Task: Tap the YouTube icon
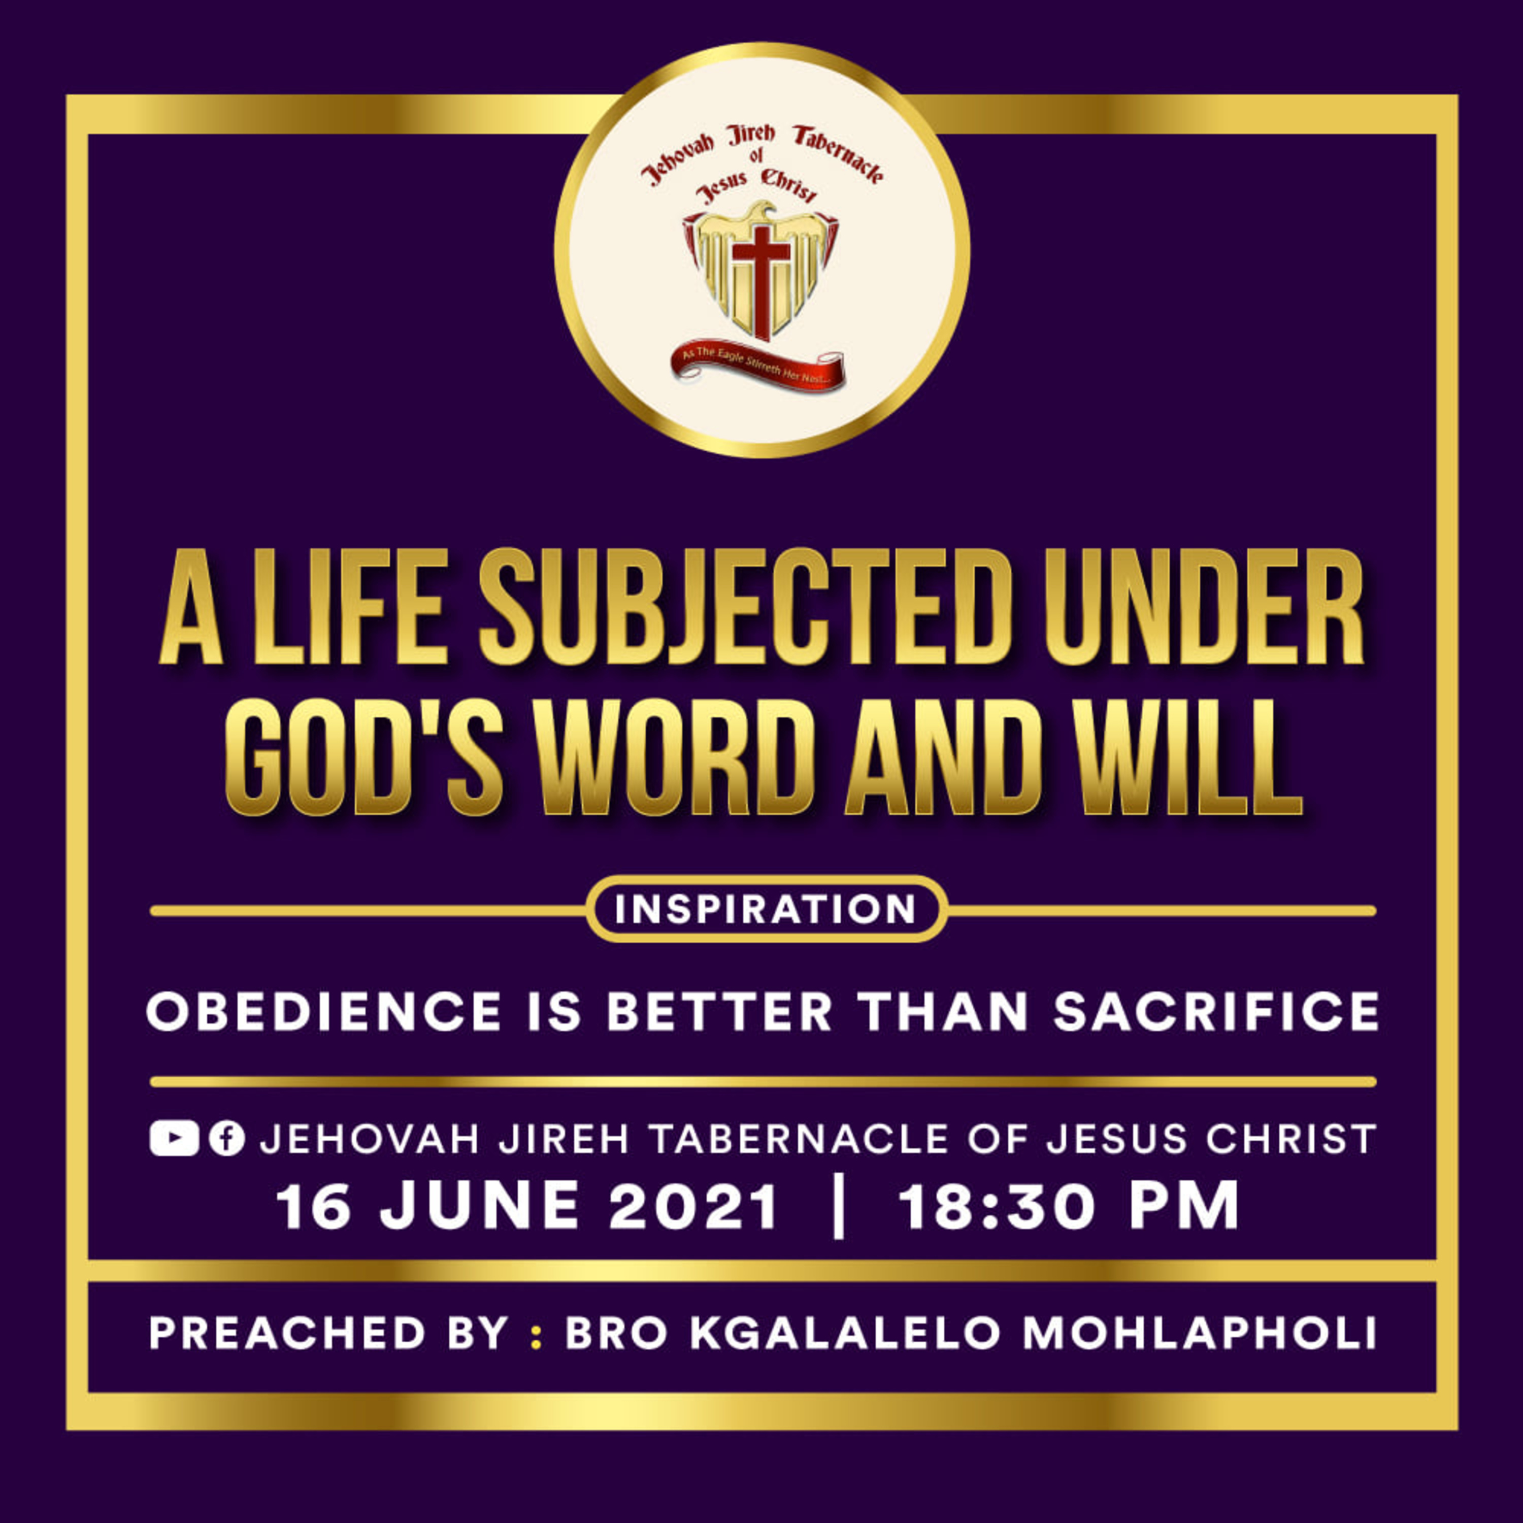tap(174, 1139)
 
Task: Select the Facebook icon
tap(227, 1139)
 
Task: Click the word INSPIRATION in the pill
tap(766, 909)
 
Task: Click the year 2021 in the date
tap(693, 1206)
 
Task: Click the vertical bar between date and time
tap(839, 1206)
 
